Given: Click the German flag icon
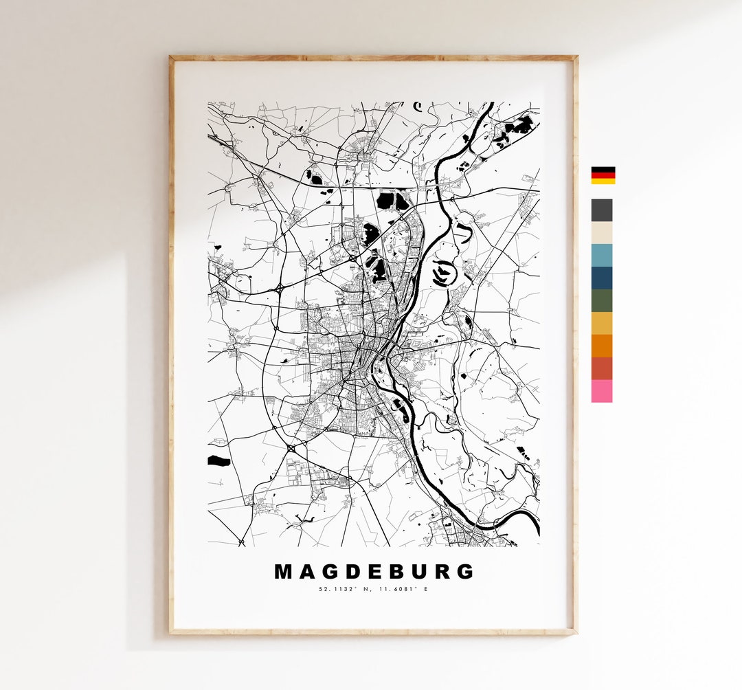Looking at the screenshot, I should (x=603, y=175).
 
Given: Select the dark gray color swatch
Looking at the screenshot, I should (x=601, y=210).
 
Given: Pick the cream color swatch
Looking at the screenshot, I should (x=601, y=233).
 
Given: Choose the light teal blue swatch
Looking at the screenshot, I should (x=601, y=256).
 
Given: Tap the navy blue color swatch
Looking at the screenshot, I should (x=601, y=278).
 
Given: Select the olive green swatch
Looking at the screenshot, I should (x=601, y=300).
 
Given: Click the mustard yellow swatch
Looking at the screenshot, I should (x=601, y=323).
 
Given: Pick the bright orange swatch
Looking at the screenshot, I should (x=601, y=346).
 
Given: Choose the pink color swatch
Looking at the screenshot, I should (x=601, y=391).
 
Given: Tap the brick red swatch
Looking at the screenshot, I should (x=601, y=368).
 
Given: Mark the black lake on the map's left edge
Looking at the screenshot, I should (x=218, y=460).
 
